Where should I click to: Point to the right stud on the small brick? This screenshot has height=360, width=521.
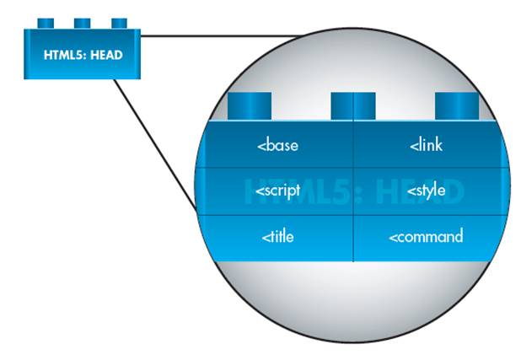pos(119,21)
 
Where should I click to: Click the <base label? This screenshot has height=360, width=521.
pos(277,146)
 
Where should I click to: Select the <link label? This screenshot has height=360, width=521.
pos(427,146)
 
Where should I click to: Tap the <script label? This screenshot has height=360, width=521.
pos(277,191)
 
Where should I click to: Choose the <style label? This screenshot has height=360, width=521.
pos(427,191)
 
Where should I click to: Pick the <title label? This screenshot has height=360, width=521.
pos(277,237)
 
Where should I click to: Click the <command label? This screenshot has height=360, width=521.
pos(426,237)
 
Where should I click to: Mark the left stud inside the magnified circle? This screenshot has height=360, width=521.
pos(250,106)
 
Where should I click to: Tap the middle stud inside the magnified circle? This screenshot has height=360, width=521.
pos(352,106)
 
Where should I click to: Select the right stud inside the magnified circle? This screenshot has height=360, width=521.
pos(457,106)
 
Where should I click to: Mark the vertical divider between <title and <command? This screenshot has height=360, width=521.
pos(353,238)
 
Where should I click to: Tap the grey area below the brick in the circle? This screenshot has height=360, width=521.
pos(354,291)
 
